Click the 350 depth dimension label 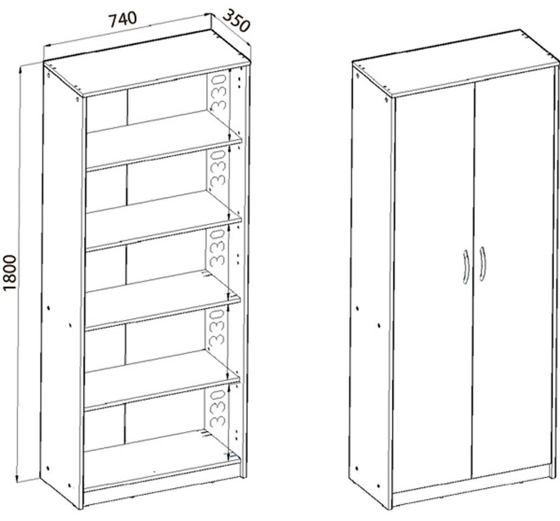(236, 21)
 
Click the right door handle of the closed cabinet (482, 264)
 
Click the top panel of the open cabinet (147, 63)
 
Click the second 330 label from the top (218, 169)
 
